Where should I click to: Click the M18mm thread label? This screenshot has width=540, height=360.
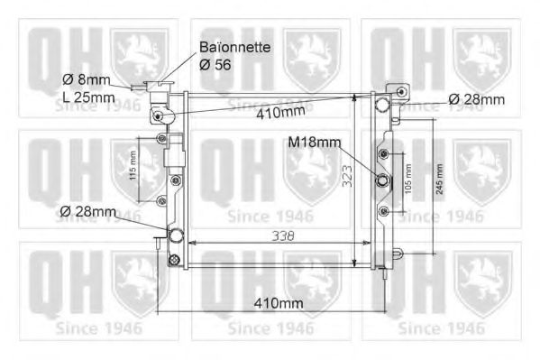[x=315, y=143]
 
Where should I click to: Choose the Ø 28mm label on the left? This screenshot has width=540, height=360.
[x=87, y=212]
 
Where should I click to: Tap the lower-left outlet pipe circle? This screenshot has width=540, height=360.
[x=176, y=237]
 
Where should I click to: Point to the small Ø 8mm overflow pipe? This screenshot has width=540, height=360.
[x=138, y=88]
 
